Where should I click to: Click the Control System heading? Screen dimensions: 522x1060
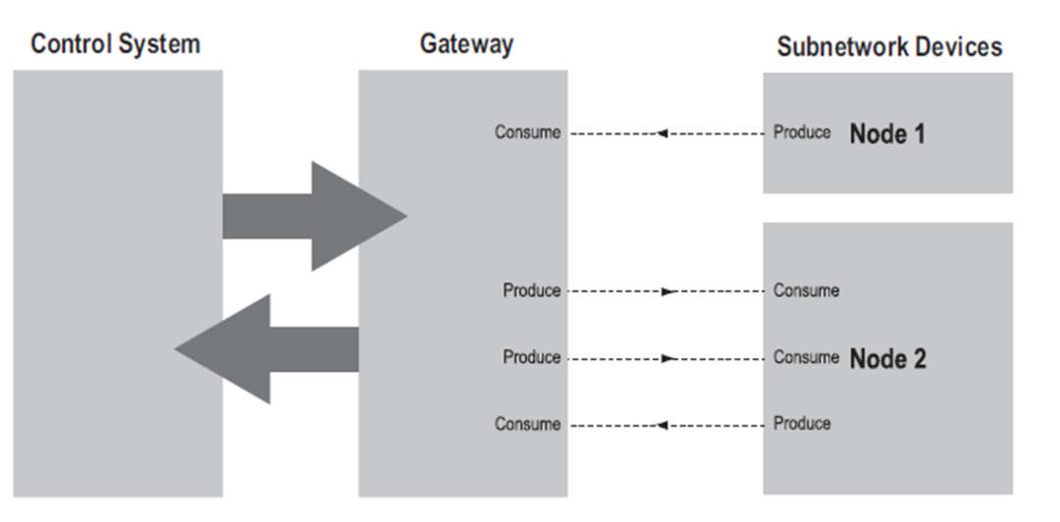[116, 44]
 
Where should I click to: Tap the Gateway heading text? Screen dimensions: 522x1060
[466, 44]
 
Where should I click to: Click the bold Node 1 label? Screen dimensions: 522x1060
[887, 133]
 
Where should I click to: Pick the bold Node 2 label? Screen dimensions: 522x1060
[887, 358]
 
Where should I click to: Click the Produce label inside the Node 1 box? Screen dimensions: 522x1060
[802, 132]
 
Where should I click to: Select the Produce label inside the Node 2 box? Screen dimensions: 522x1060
[802, 424]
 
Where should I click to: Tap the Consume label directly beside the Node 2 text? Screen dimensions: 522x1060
[806, 357]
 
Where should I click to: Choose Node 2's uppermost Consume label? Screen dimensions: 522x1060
[806, 290]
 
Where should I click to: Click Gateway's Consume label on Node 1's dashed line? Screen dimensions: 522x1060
[527, 132]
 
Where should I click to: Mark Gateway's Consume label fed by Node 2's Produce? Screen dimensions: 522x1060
[527, 424]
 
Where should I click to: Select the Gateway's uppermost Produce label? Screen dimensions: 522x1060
[532, 290]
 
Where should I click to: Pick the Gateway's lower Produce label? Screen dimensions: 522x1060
[532, 357]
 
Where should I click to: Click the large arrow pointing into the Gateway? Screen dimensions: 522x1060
[314, 216]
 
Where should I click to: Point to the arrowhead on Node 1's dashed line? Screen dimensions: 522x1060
[662, 132]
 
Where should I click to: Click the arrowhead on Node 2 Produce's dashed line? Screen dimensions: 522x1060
[662, 425]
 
